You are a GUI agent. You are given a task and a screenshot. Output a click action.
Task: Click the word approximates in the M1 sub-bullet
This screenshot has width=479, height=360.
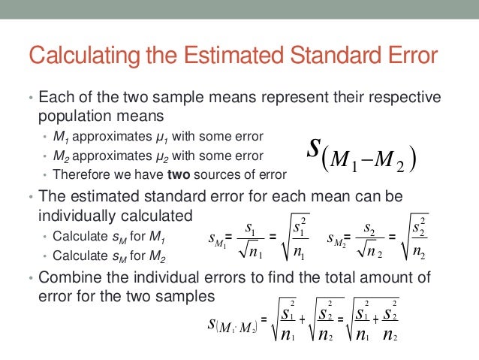104,137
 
